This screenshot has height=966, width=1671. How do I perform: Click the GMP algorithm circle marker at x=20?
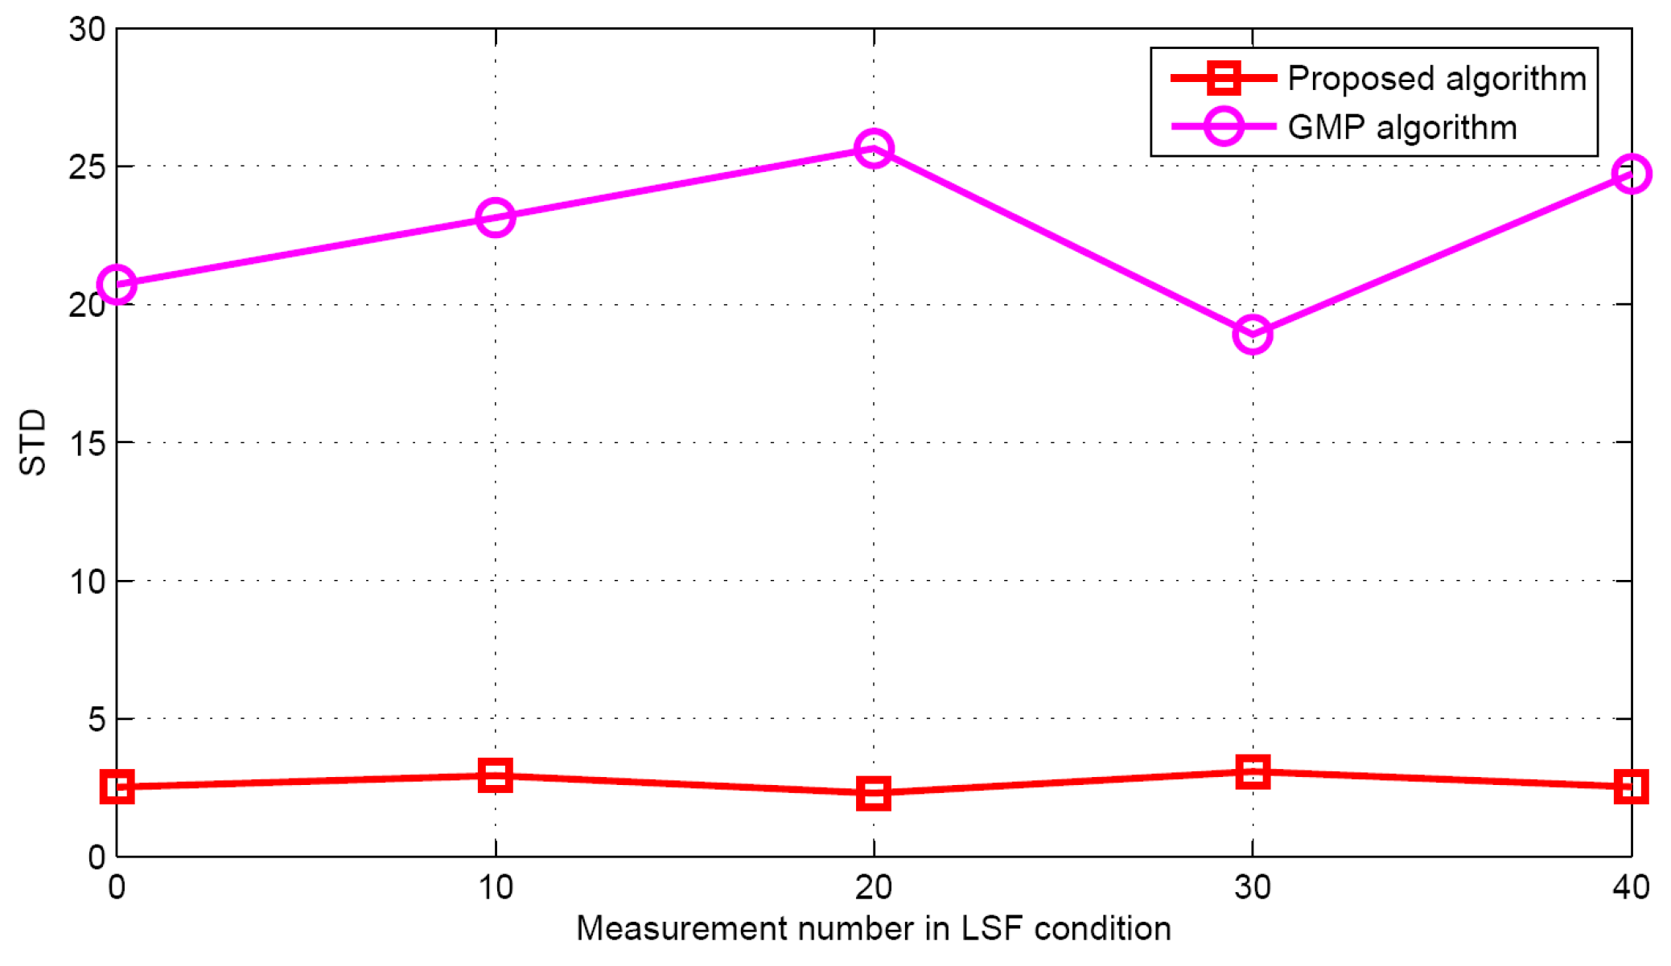874,149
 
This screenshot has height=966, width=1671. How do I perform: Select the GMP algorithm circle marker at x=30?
1253,334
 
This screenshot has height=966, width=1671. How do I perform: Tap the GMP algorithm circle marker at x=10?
496,218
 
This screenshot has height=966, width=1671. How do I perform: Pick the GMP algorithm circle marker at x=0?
117,285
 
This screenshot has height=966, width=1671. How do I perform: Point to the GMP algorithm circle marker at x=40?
1631,174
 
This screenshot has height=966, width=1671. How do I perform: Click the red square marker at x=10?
496,775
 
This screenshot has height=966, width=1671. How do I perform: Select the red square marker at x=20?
874,793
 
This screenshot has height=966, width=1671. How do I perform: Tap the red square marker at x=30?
1253,772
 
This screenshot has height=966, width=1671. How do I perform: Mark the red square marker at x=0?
117,787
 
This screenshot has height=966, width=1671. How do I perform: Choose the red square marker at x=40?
1631,787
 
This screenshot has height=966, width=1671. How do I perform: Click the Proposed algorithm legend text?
1437,79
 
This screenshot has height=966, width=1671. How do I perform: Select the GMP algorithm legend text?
1402,128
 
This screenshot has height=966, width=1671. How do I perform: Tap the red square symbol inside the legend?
1224,78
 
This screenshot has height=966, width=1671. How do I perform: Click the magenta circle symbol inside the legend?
1224,127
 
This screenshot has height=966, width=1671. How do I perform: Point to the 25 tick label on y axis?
87,167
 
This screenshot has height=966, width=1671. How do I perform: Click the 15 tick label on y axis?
87,443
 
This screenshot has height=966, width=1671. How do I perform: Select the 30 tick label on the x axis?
1253,888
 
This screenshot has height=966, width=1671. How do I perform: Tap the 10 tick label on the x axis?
496,888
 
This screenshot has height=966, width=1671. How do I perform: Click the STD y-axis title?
33,442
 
